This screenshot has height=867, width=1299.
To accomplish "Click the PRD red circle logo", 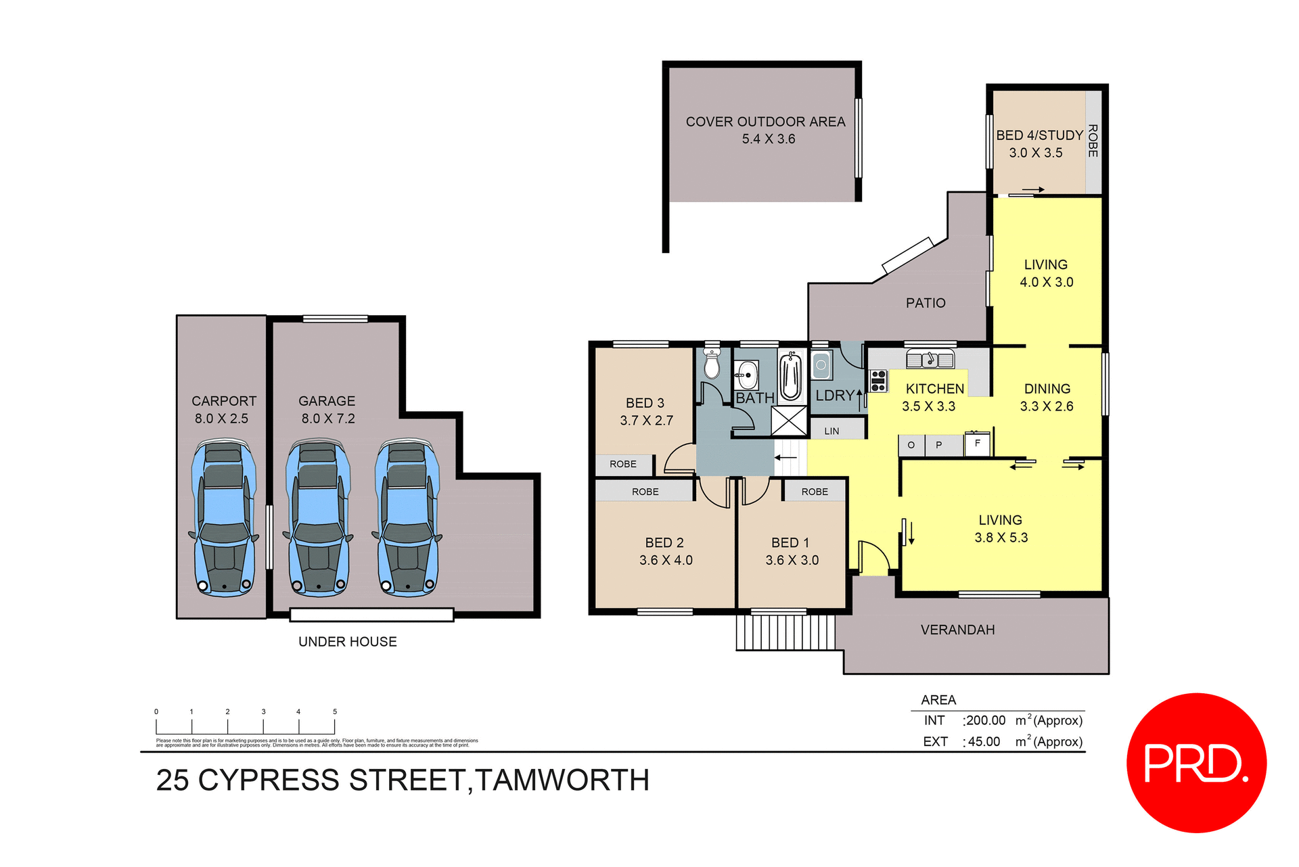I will tap(1195, 763).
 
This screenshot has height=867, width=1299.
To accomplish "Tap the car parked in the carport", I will tap(223, 517).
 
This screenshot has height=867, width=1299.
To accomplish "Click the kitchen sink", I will tap(930, 359).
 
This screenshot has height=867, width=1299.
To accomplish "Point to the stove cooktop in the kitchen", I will tap(878, 381).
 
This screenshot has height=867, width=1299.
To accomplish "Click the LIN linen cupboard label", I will tap(831, 431).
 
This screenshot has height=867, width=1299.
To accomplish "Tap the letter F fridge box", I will tap(977, 444).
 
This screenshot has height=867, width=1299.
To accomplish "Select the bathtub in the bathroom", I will tap(790, 377).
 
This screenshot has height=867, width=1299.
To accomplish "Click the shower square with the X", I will tap(789, 421).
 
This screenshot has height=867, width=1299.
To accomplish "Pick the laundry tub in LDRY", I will tap(821, 366).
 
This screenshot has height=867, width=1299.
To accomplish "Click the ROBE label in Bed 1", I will tap(815, 492).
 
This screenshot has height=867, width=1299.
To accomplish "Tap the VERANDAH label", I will tap(957, 630).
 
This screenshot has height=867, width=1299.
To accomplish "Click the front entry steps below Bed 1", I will tap(785, 632).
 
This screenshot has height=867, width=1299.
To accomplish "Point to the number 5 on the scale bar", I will tap(334, 711).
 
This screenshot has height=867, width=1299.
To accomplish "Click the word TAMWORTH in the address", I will tap(562, 780).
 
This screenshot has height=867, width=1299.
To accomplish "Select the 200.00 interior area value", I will tap(986, 720).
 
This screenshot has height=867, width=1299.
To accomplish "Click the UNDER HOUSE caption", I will tap(347, 641).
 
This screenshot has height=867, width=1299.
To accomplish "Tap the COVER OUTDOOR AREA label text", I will tap(765, 122).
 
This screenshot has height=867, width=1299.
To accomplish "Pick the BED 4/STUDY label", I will tap(1039, 135).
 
